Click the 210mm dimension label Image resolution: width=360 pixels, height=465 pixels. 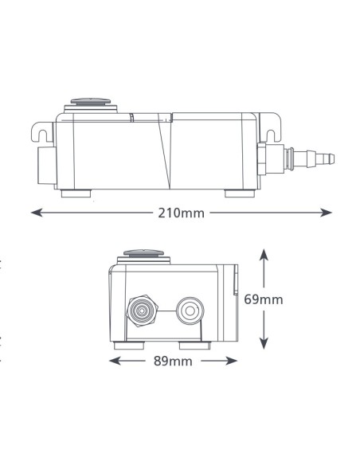[181, 213]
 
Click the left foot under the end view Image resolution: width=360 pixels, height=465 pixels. [129, 346]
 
